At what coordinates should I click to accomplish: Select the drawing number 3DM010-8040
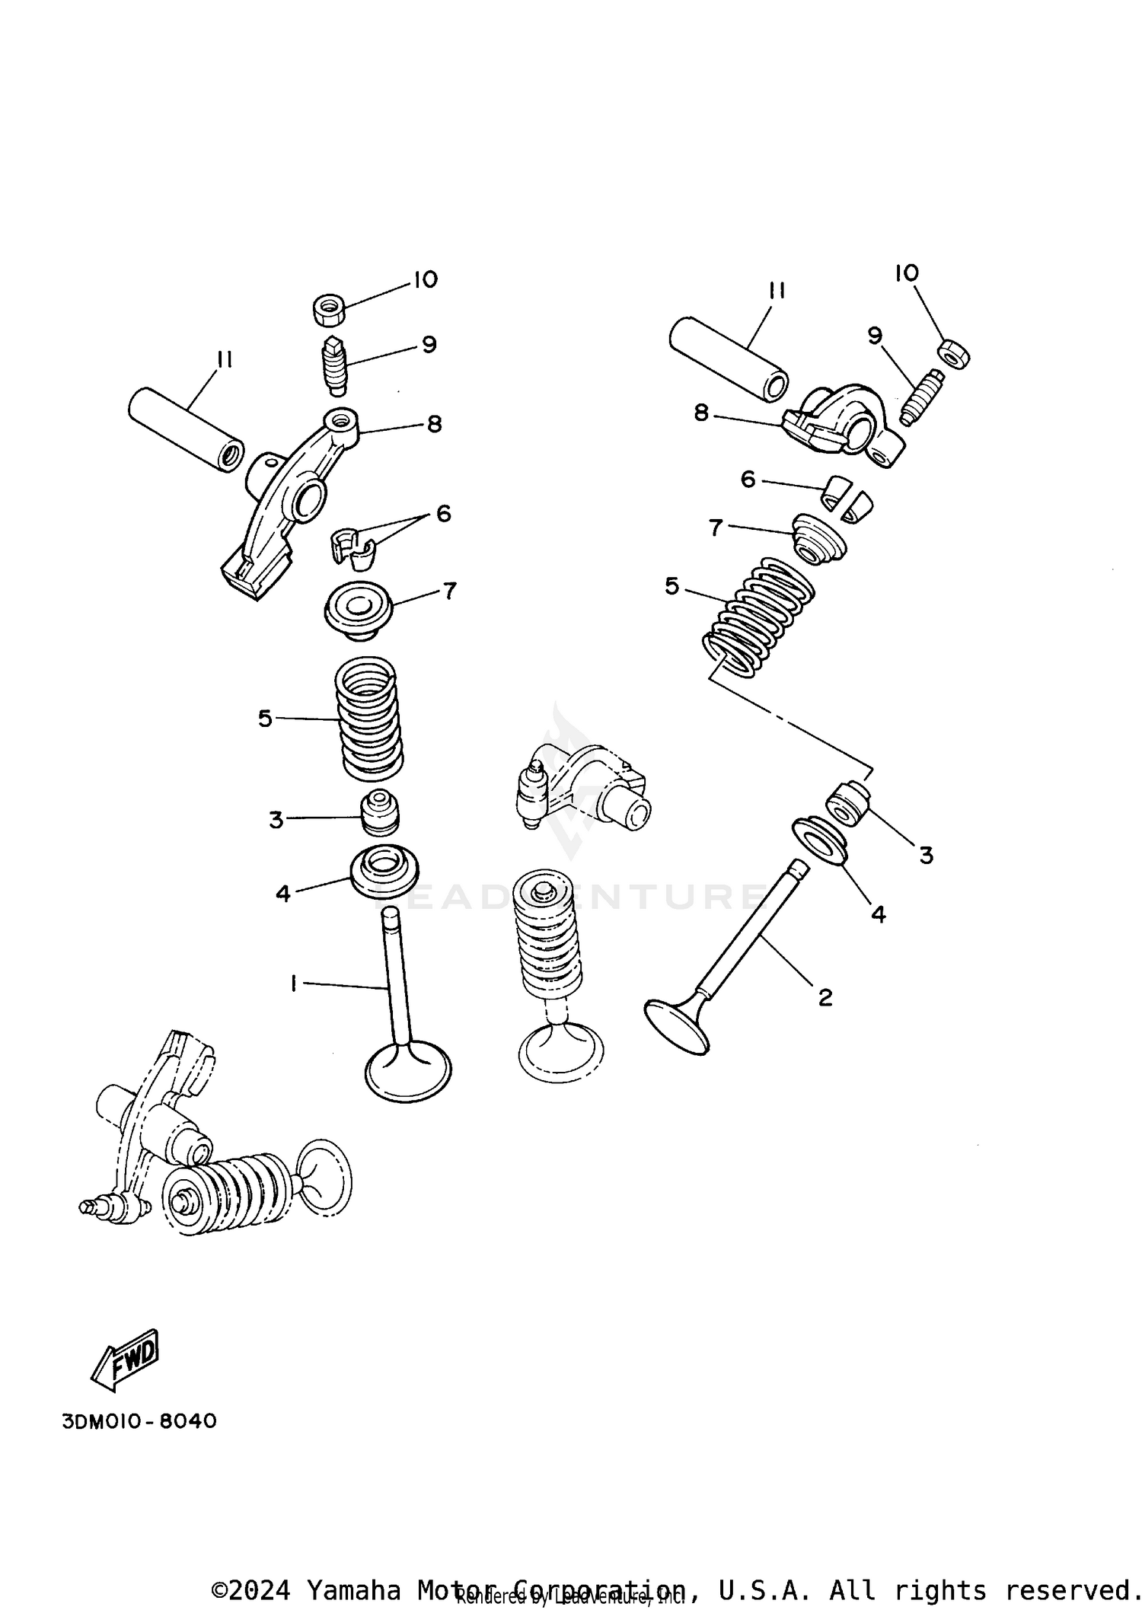point(139,1421)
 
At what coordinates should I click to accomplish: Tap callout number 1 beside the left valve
point(293,984)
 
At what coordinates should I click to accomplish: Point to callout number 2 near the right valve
point(825,996)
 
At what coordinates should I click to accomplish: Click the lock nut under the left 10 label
point(330,309)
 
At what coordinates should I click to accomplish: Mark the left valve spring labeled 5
point(369,718)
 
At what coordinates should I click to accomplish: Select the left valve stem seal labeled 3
point(379,813)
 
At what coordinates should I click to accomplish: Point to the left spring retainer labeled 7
point(358,614)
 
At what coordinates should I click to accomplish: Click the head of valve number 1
point(408,1072)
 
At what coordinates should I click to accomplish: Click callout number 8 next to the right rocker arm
point(701,413)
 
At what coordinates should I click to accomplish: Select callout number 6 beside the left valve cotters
point(443,514)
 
